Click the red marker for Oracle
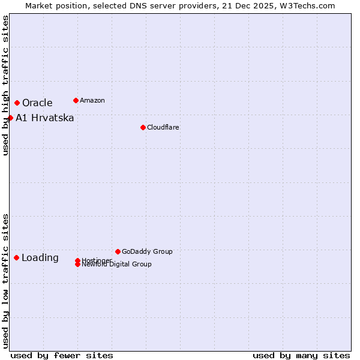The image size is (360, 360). point(17,103)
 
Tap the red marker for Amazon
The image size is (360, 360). point(76,100)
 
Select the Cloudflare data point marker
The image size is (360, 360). point(143,127)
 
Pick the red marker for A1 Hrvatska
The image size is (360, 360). point(10,118)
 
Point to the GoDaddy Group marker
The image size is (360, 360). point(118,251)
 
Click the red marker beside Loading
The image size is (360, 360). point(16,257)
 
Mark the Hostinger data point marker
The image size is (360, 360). point(77,260)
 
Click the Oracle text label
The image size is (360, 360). point(37,103)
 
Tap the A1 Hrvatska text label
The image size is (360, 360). point(45,118)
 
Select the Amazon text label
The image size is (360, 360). point(92,100)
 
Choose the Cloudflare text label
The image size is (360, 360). point(163,127)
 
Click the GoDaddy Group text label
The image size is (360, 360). point(147,251)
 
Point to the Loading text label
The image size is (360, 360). point(40,258)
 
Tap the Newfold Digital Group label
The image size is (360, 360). point(116,265)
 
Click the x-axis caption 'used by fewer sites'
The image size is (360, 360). point(62,355)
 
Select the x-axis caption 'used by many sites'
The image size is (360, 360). point(301,355)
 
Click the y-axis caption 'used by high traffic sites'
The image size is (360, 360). point(5,85)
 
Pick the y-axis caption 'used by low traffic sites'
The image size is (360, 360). point(5,281)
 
